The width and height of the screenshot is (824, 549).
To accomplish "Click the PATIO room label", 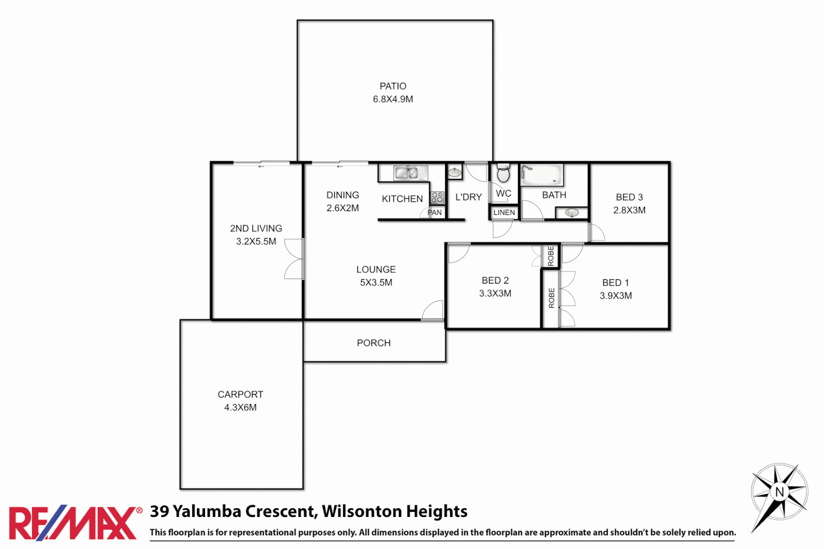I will tap(393, 86).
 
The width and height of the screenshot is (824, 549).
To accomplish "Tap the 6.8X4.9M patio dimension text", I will tap(393, 99).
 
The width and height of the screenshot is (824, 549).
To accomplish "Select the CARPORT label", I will tap(240, 394).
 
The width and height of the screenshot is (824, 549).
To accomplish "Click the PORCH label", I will tap(373, 343).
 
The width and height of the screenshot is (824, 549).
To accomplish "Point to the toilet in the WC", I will tap(503, 174).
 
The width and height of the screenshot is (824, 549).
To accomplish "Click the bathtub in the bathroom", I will tap(542, 175).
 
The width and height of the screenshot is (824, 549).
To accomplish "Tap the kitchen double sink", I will tap(411, 173).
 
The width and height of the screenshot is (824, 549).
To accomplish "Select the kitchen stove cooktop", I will tap(437, 198).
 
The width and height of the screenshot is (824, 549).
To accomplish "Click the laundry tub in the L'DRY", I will tap(454, 173).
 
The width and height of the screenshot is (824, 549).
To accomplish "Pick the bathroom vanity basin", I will tap(572, 212).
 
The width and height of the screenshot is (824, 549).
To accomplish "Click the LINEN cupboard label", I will tap(504, 212).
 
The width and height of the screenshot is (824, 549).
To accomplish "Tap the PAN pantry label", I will tap(435, 212).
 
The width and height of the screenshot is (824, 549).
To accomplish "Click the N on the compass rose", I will tap(780, 492).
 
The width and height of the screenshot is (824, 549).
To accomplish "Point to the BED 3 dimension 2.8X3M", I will tap(629, 210).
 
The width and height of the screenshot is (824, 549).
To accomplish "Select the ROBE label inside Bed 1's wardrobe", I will tap(551, 298).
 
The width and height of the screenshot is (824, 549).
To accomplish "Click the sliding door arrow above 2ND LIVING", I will tap(261, 166).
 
